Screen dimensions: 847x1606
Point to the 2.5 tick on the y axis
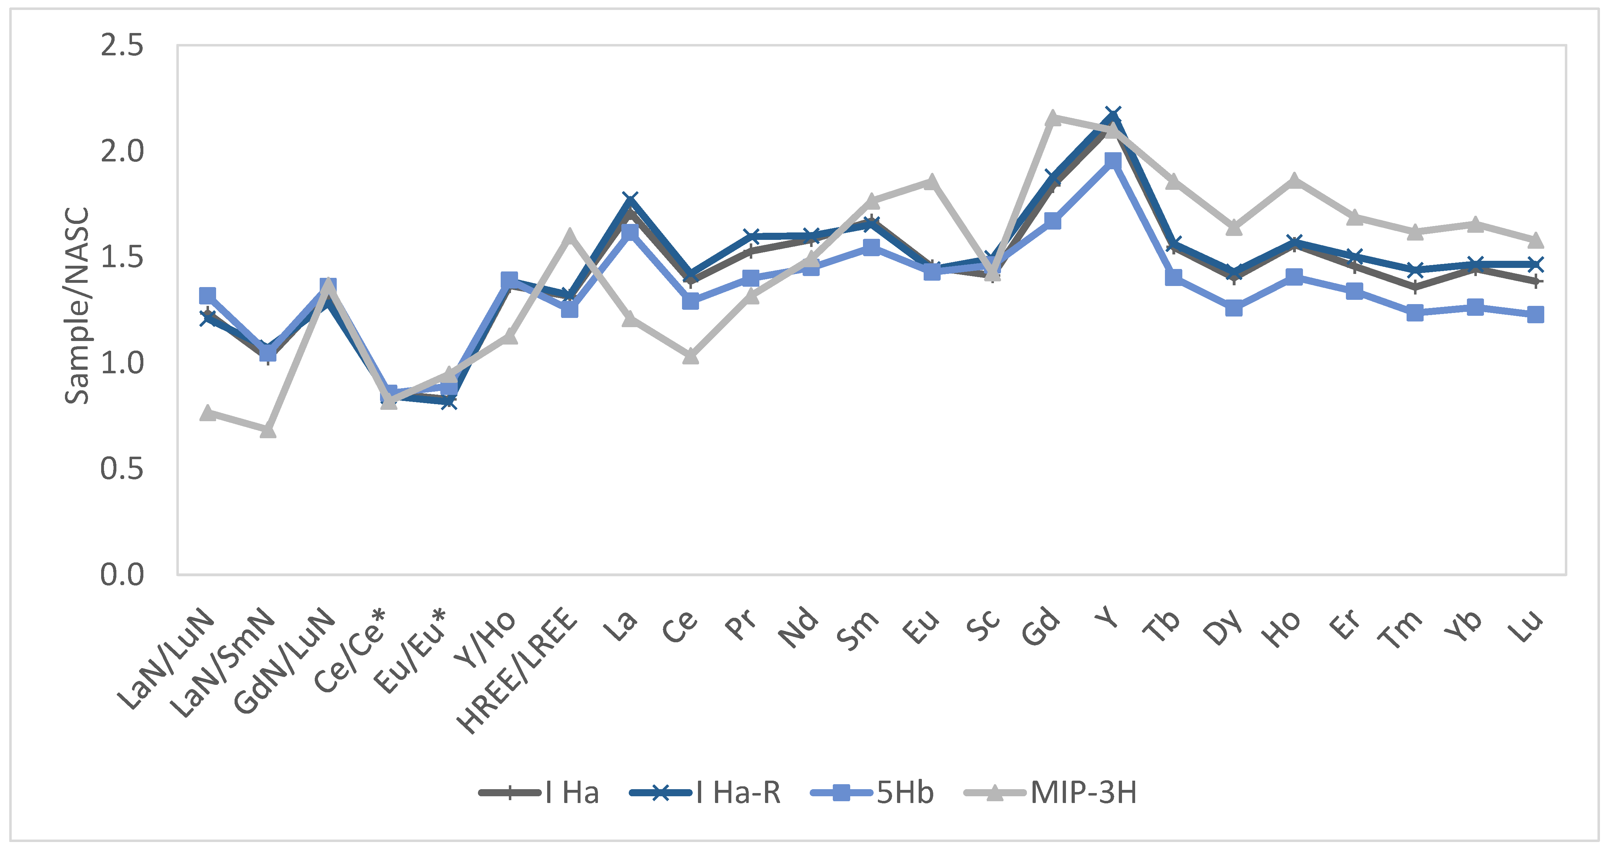tap(122, 45)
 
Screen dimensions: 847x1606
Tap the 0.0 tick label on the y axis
tap(122, 574)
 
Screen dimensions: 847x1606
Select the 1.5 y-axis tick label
tap(122, 257)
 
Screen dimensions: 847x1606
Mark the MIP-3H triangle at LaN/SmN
tap(268, 430)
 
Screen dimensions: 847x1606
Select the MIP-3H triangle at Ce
tap(690, 356)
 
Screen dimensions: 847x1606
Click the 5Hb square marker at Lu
tap(1535, 314)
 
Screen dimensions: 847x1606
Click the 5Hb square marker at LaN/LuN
tap(207, 295)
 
